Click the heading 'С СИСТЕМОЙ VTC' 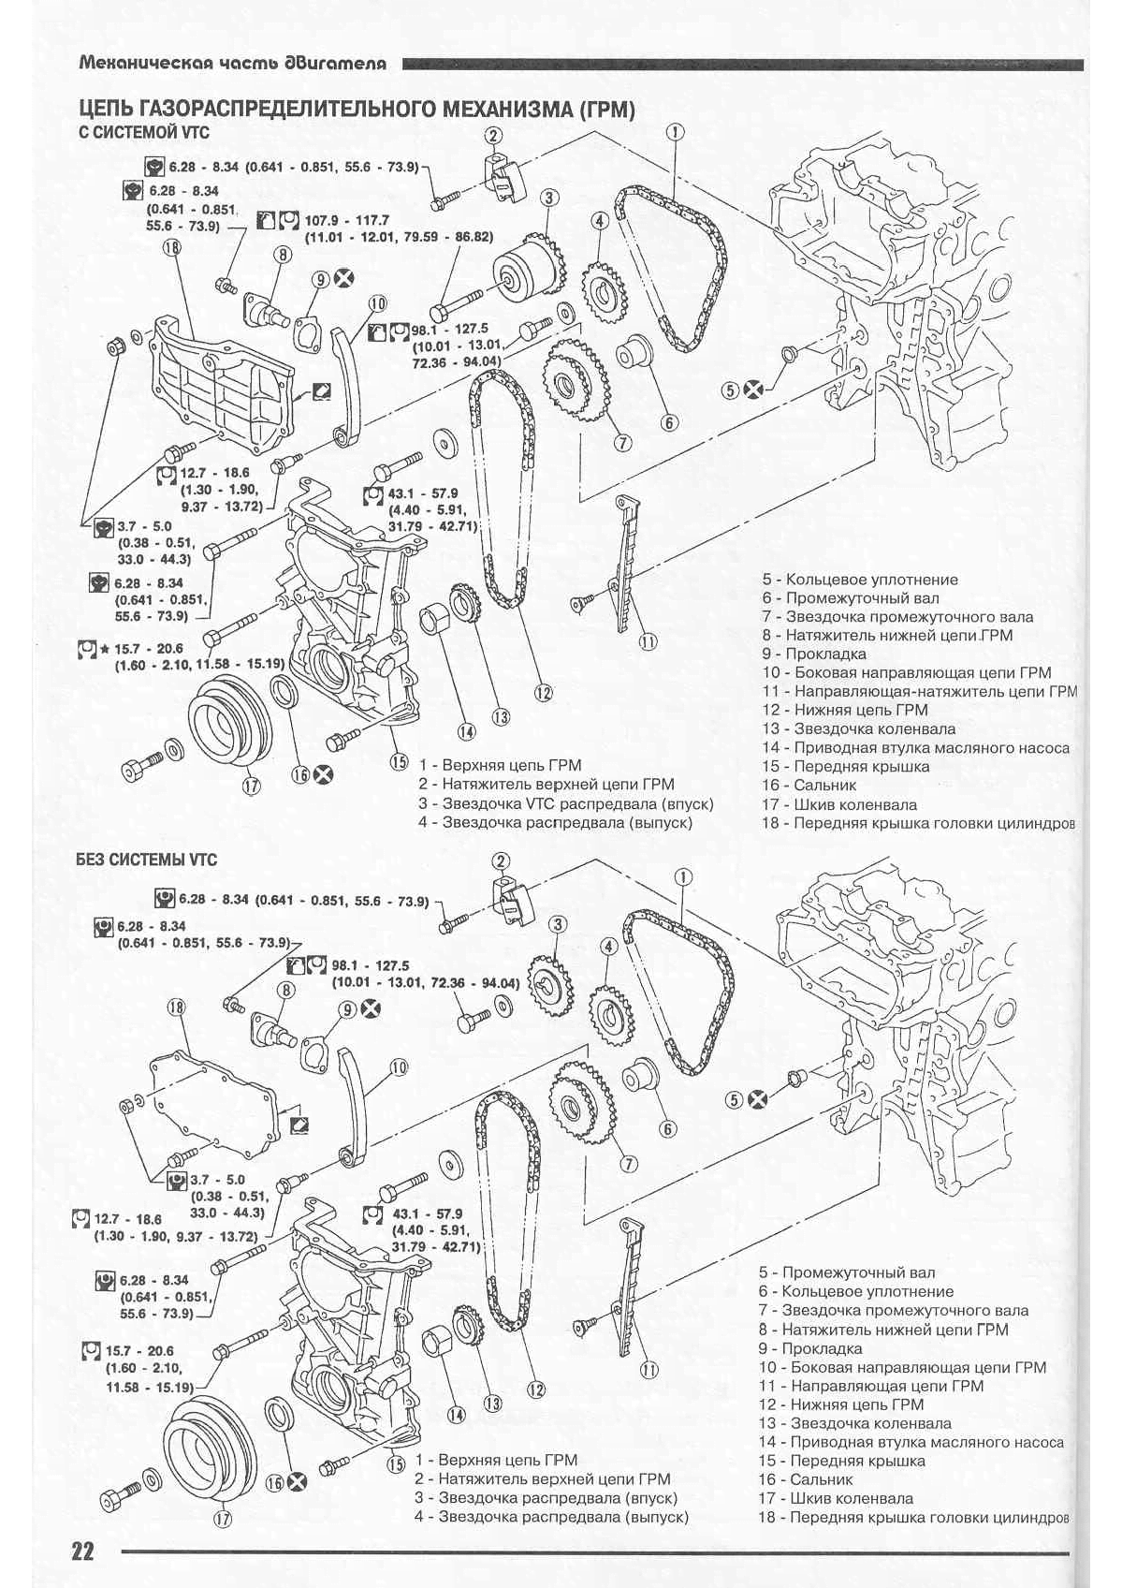click(144, 132)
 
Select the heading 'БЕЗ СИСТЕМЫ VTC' click(147, 860)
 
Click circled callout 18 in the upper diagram click(172, 247)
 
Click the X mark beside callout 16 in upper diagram click(324, 775)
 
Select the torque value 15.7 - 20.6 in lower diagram click(139, 1351)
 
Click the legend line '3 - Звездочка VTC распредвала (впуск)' click(565, 804)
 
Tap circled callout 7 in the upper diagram click(621, 442)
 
